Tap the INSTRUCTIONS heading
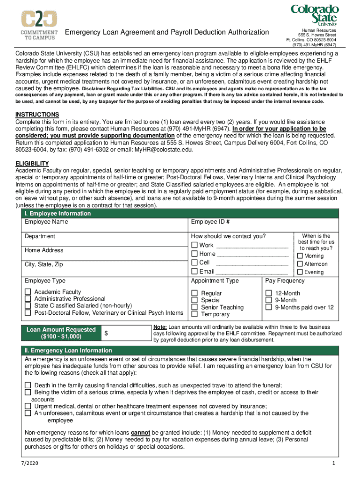[x=37, y=115]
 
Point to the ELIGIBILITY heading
[x=32, y=163]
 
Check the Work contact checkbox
[x=194, y=245]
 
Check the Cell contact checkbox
[x=194, y=263]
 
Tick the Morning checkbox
[x=300, y=256]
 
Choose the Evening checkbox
[x=300, y=272]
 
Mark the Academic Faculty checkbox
[x=28, y=292]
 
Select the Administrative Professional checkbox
[x=28, y=299]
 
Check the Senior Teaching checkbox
[x=194, y=307]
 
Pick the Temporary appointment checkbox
[x=194, y=314]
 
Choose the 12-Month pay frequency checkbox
[x=268, y=293]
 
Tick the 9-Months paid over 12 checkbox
[x=268, y=307]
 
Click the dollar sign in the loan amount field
[x=106, y=333]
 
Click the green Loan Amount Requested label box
[x=61, y=333]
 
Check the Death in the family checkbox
[x=28, y=385]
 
